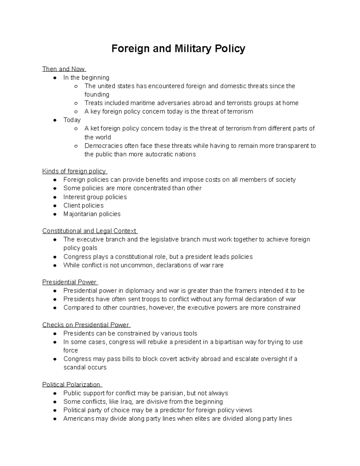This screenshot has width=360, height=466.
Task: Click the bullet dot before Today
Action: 55,120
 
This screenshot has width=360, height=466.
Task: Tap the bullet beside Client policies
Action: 55,206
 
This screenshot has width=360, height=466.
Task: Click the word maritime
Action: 141,103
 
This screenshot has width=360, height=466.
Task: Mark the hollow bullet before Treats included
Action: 76,103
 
